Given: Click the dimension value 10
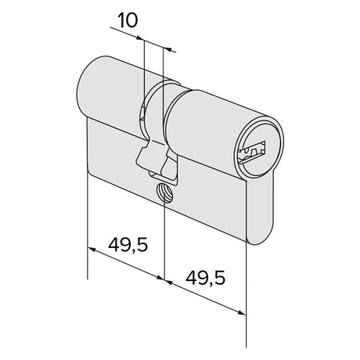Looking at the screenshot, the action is pos(128,20).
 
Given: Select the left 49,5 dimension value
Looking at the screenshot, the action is pos(128,246).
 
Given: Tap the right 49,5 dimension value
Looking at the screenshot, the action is pos(205,278).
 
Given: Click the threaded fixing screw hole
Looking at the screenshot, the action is pos(164,193).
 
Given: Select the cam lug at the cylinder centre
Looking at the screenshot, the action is pos(157,160).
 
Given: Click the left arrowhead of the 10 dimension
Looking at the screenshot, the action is pos(140,38).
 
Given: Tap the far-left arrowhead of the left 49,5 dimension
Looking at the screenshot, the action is pos(92,249).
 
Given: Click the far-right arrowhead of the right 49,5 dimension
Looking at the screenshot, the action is pos(242,312).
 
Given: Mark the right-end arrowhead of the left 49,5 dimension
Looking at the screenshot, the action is pos(160,278).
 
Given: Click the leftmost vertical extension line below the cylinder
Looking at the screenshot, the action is pos(87,225).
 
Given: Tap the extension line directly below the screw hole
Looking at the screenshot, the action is pos(164,241).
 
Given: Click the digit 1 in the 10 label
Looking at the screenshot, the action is pos(122,20).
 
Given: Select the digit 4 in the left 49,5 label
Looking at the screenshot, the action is pos(113,245).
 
